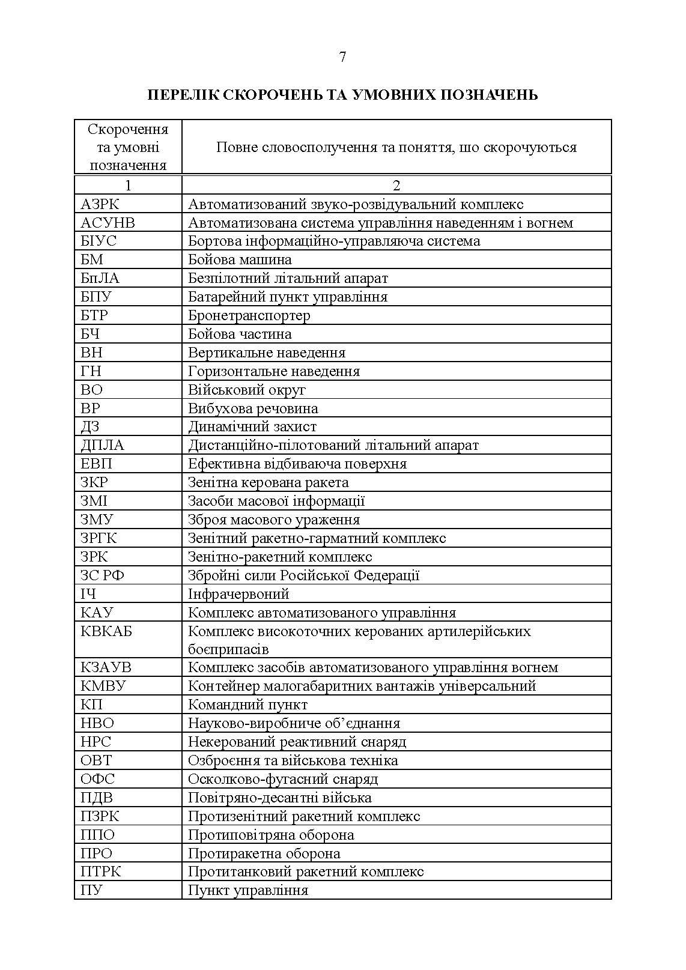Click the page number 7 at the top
[x=342, y=57]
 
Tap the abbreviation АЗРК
[x=100, y=204]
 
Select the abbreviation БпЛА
[x=100, y=278]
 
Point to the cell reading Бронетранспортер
[x=249, y=315]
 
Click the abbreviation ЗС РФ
[x=103, y=575]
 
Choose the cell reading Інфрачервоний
[x=238, y=594]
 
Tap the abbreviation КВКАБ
[x=106, y=631]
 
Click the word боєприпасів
[x=228, y=649]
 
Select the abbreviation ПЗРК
[x=100, y=816]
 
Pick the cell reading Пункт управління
[x=248, y=890]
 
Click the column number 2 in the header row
[x=396, y=186]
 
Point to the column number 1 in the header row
[x=127, y=186]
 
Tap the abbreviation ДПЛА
[x=102, y=445]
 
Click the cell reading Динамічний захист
[x=252, y=426]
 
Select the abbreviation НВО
[x=97, y=723]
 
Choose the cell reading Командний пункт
[x=247, y=705]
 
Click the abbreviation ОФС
[x=97, y=779]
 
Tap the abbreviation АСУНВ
[x=108, y=223]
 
